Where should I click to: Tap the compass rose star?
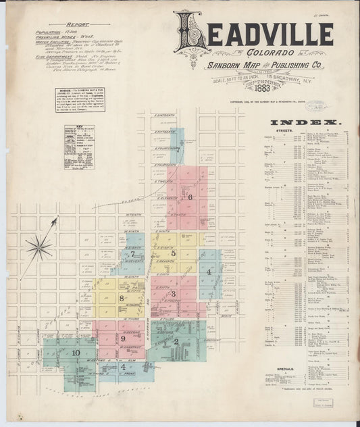pos(38,247)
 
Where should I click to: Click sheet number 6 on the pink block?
pos(190,197)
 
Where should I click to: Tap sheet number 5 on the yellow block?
pos(173,253)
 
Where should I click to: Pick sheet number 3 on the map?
pos(173,293)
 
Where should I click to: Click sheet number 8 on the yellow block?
pos(122,297)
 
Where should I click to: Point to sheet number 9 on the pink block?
pos(124,338)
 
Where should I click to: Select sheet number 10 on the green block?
pos(76,353)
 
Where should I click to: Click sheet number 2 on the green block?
pos(176,342)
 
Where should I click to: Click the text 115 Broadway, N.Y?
pos(305,82)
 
